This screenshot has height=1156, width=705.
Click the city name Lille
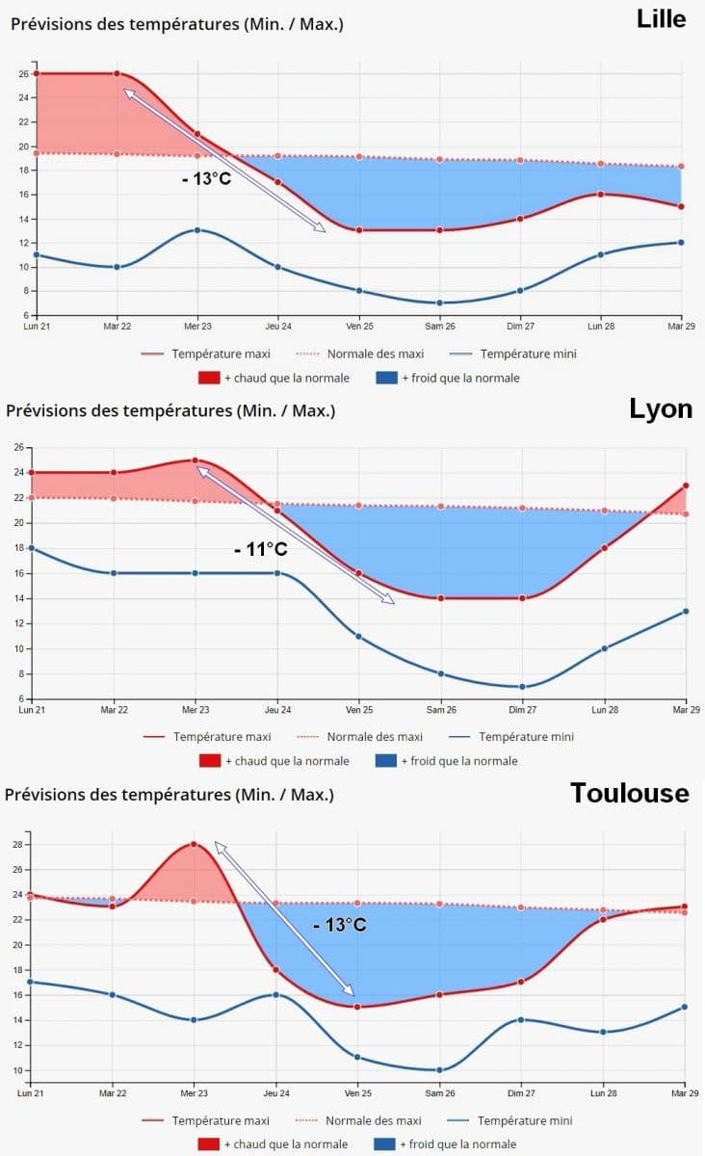tap(662, 18)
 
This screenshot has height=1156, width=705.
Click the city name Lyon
tap(661, 408)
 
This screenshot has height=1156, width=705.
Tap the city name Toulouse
tap(630, 793)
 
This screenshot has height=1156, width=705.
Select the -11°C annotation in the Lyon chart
tap(260, 549)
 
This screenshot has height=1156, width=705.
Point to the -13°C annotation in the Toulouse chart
tap(339, 925)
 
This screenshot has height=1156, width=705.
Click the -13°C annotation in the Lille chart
tap(204, 178)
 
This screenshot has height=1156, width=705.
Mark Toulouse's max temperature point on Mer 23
tap(194, 844)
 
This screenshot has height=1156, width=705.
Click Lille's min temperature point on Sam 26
tap(440, 302)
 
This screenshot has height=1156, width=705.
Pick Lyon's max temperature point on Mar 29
tap(687, 486)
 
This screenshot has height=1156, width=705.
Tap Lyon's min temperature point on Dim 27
tap(523, 687)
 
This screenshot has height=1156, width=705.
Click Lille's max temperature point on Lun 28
tap(601, 194)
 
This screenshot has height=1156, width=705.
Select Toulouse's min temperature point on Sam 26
tap(439, 1069)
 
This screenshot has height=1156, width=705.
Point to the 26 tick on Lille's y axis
tap(23, 73)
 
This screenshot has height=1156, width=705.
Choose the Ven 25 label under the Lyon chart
tap(358, 710)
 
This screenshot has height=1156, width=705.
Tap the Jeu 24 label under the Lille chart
tap(277, 327)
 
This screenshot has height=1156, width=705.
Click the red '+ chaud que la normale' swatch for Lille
tap(211, 378)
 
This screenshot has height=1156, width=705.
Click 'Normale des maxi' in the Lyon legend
tap(374, 737)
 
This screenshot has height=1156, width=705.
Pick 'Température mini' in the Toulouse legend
tap(524, 1120)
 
